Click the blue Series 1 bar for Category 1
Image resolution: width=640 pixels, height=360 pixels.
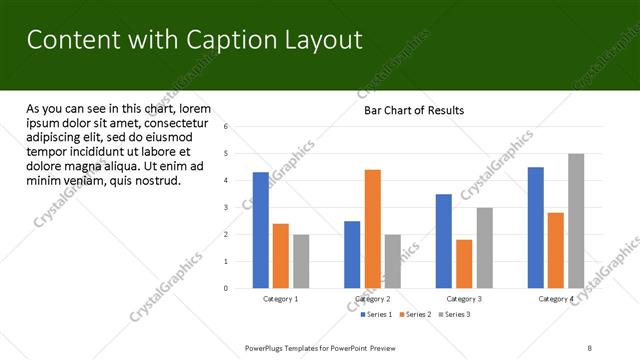click(261, 230)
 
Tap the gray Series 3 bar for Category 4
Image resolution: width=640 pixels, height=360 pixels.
click(576, 221)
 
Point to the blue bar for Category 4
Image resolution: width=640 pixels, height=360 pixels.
click(536, 228)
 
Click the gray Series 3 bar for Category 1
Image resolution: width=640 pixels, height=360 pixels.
click(301, 261)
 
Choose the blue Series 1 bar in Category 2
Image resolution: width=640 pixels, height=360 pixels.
click(352, 255)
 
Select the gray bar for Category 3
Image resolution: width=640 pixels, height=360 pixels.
click(484, 248)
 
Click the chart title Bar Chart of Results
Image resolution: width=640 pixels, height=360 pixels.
click(413, 110)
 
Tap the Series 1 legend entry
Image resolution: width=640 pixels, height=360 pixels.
click(376, 315)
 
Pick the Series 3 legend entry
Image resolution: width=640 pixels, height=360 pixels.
click(456, 315)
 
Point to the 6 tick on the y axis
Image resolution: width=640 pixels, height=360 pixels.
click(226, 127)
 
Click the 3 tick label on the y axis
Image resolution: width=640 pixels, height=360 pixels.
click(226, 208)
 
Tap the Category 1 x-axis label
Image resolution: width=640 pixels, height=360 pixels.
click(281, 299)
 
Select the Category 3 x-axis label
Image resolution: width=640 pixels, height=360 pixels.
click(464, 299)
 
